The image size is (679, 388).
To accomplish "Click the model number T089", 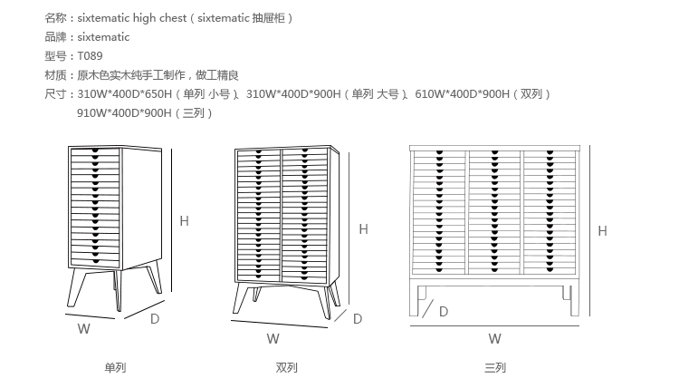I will click(x=90, y=56).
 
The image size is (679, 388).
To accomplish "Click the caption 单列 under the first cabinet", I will click(x=114, y=368).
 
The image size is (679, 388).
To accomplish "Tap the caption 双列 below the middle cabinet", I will click(x=286, y=368).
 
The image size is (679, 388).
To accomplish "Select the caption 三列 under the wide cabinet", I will click(x=494, y=368).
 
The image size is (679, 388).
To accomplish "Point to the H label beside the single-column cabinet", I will click(x=184, y=220).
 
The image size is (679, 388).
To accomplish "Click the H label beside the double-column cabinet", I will click(x=363, y=229).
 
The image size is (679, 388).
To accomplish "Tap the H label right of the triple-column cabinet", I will click(x=604, y=231).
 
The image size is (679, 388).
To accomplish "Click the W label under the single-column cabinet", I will click(x=83, y=330).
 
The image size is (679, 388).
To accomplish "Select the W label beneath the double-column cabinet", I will click(x=273, y=339).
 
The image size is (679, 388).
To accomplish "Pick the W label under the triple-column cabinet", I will click(x=494, y=339).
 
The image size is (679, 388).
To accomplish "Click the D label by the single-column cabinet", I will click(x=155, y=318).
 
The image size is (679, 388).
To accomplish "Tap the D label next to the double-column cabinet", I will click(x=358, y=318).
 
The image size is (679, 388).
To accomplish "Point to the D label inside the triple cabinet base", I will click(x=444, y=311).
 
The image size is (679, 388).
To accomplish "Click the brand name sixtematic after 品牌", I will click(x=103, y=37).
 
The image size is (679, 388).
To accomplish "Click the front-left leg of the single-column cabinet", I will click(x=78, y=288).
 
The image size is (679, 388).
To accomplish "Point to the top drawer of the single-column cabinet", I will click(x=94, y=151).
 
